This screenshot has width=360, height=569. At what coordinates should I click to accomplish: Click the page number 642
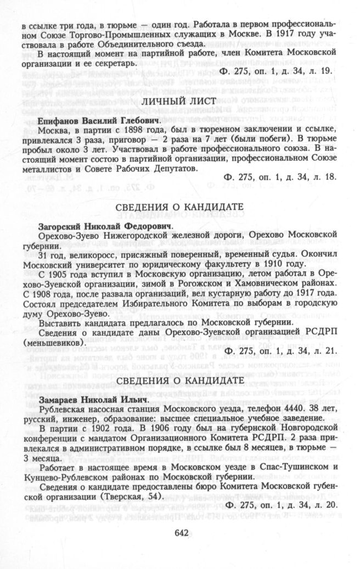[x=181, y=532]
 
